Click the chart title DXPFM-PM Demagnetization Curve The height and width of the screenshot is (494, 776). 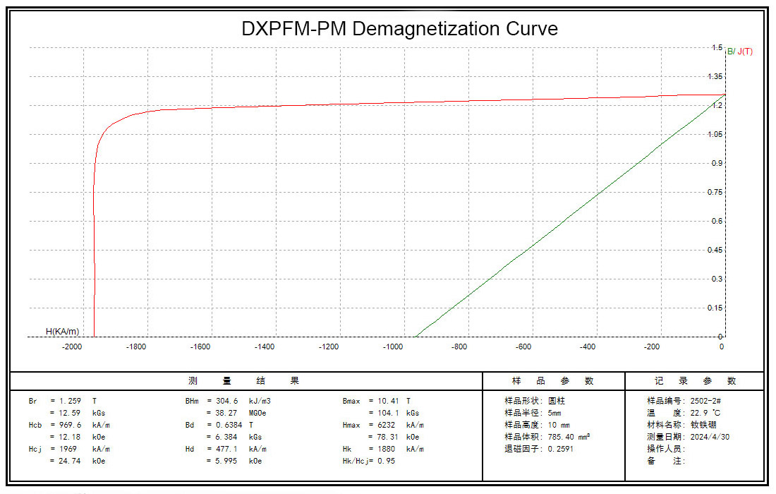coord(399,29)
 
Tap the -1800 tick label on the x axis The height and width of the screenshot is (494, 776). coord(136,347)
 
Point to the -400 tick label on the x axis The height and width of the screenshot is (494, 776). coord(588,347)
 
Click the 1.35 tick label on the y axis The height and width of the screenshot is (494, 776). coord(715,77)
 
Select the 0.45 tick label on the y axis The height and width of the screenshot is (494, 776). coord(715,251)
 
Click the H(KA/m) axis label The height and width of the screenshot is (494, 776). coord(62,331)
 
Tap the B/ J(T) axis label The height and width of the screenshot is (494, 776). coord(739,52)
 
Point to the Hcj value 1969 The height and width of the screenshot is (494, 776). coord(68,449)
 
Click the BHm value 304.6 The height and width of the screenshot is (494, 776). coord(229,401)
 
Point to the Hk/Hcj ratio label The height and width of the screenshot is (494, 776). coord(360,461)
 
